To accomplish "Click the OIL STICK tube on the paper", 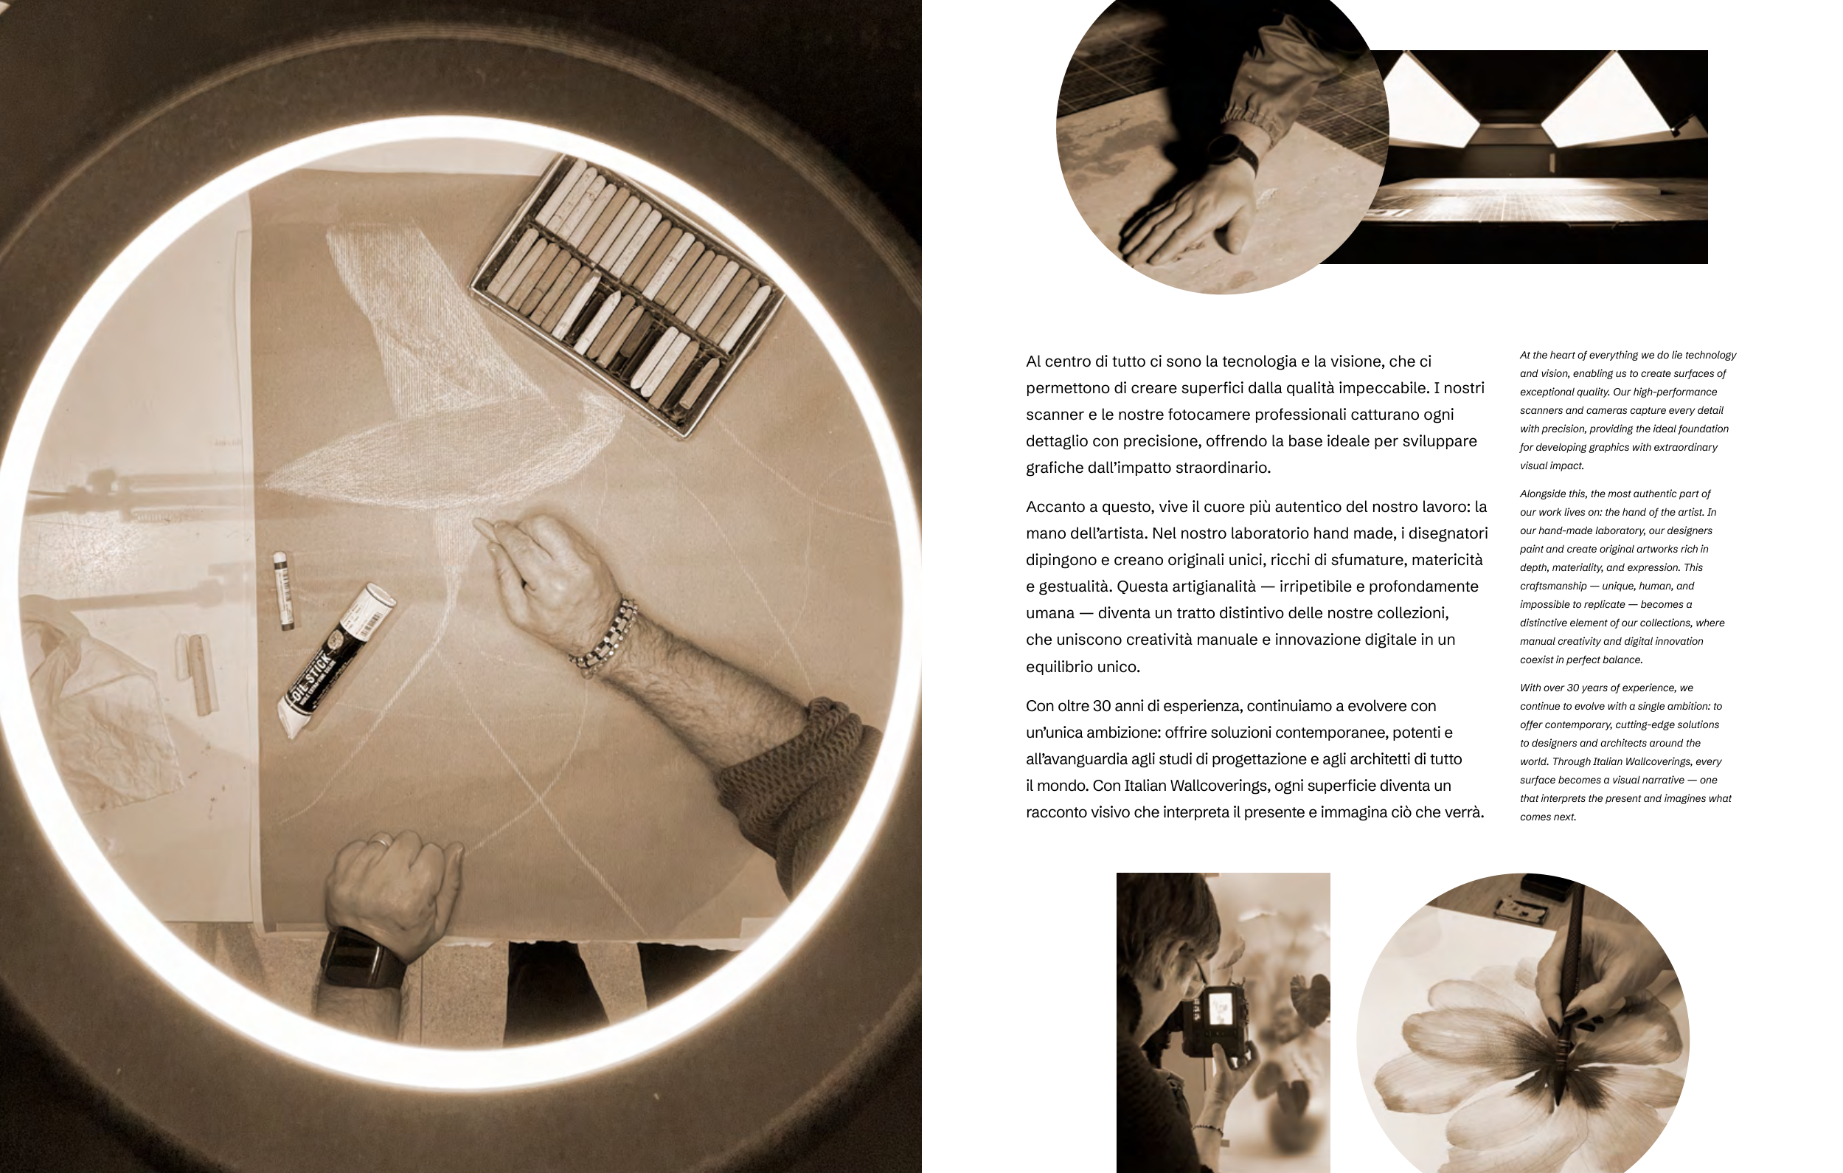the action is click(x=339, y=660).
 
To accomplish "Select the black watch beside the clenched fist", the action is click(x=360, y=957).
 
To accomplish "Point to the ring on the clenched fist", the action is click(x=381, y=842).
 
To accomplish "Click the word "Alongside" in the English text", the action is click(x=1542, y=494).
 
